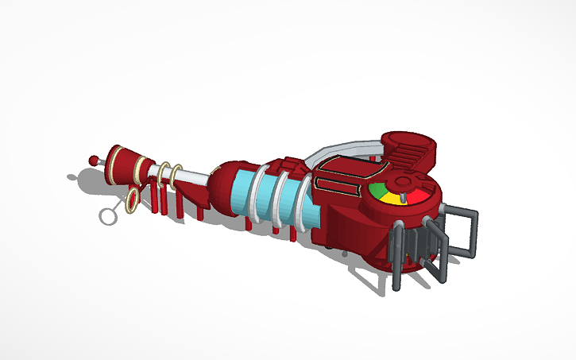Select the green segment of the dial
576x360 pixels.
coord(379,191)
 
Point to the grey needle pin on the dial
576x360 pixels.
coord(403,195)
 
